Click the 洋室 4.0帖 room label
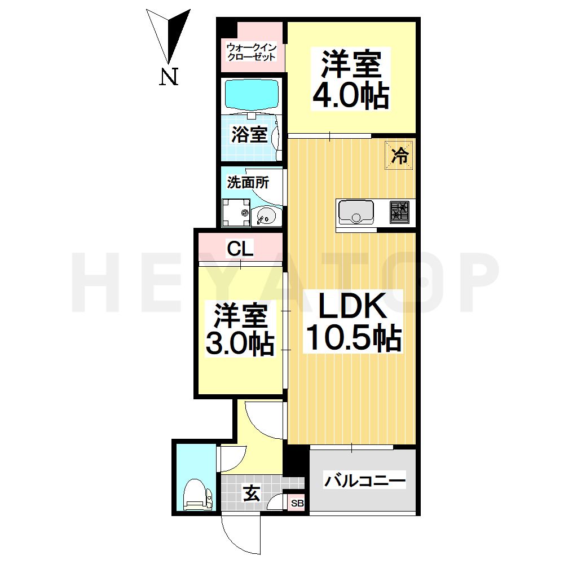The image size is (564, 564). [351, 80]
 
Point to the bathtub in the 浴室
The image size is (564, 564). [252, 95]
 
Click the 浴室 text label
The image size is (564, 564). [249, 134]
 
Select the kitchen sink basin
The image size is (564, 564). [355, 214]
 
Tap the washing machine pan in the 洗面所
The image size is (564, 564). [236, 213]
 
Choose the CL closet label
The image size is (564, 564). [240, 248]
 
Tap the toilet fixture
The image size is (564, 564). [196, 494]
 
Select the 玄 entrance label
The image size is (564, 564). [251, 494]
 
